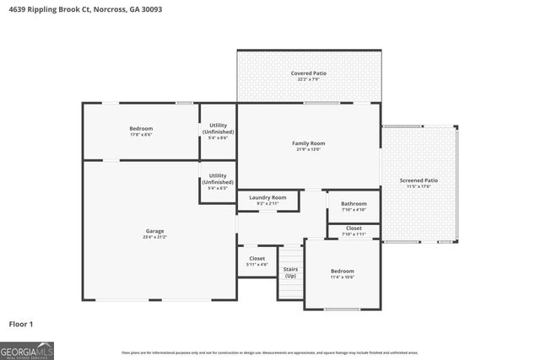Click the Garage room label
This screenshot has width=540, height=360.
point(154,231)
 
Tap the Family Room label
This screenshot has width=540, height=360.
point(309,143)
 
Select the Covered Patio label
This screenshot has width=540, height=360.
point(309,73)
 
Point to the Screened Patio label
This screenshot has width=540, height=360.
point(419,180)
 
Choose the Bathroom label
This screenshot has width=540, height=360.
point(354,203)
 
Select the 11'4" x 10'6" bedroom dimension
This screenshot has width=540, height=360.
point(343,277)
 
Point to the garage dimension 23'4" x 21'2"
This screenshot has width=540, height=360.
point(154,238)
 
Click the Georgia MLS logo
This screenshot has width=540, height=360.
point(27,350)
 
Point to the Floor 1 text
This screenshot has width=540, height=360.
point(21,324)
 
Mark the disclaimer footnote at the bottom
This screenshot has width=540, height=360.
point(269,352)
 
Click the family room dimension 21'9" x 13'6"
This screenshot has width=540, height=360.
point(309,150)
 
